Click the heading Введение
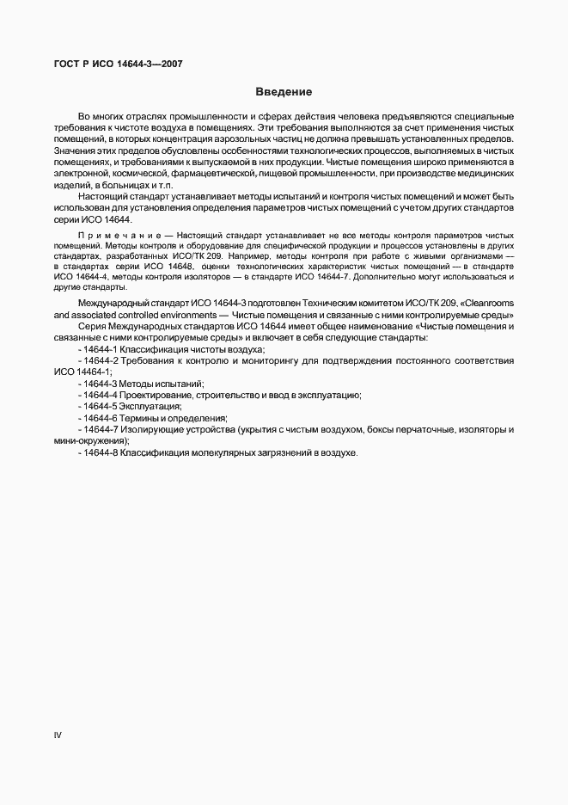click(284, 91)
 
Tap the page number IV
click(58, 734)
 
